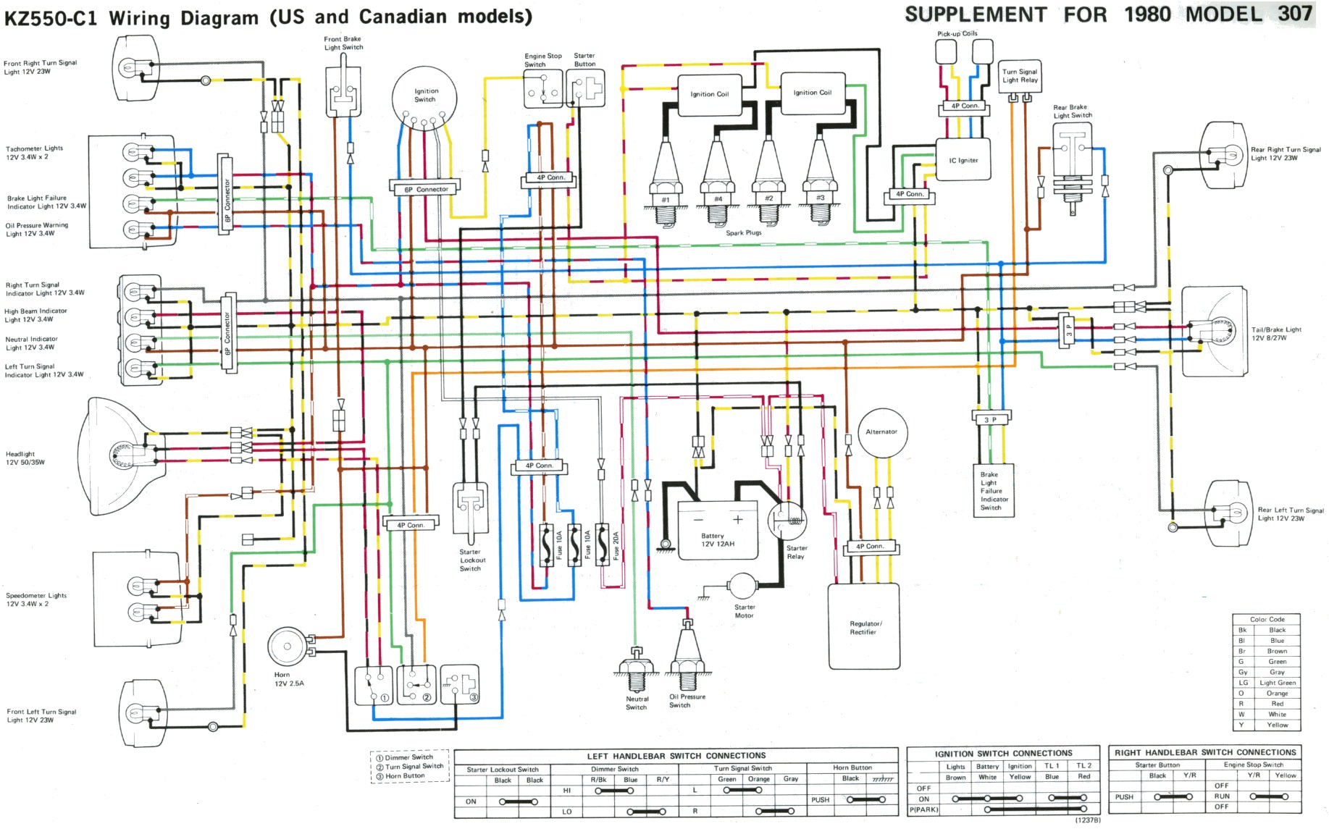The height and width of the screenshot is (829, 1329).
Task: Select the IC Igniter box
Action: [963, 161]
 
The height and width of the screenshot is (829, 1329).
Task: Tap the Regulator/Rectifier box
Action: [864, 626]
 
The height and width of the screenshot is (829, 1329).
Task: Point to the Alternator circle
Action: [881, 432]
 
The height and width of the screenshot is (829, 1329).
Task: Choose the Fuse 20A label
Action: [616, 544]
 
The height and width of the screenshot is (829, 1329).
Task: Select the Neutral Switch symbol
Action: [636, 672]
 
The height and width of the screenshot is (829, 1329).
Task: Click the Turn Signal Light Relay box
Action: [1020, 76]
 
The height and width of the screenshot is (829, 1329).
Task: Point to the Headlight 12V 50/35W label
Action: [25, 458]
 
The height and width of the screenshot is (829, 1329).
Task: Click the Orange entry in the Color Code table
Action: [1277, 693]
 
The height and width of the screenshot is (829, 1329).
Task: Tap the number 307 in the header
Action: [1294, 14]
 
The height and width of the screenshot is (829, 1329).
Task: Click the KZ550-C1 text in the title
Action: [51, 18]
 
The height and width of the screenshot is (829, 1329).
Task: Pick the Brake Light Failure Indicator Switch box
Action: [993, 490]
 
